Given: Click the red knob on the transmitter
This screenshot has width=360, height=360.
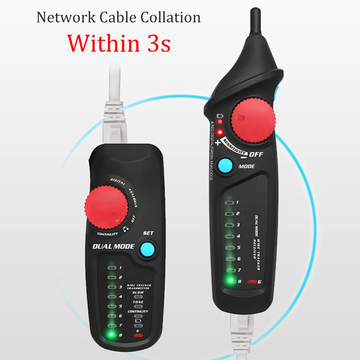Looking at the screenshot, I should click(106, 208).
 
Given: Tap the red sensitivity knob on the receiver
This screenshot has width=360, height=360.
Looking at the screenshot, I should click(253, 119).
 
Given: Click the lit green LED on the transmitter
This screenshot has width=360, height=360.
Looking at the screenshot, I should click(111, 334).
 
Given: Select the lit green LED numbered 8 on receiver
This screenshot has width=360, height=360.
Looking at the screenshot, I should click(229, 281).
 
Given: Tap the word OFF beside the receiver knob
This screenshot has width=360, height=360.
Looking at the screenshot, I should click(256, 155).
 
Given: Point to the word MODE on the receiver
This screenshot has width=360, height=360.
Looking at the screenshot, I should click(247, 166).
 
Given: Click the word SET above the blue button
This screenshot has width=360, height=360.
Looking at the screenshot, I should click(148, 233).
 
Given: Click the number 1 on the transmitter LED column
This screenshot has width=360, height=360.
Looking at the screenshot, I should click(120, 268).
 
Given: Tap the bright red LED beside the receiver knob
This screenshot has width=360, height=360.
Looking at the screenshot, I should click(220, 132).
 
